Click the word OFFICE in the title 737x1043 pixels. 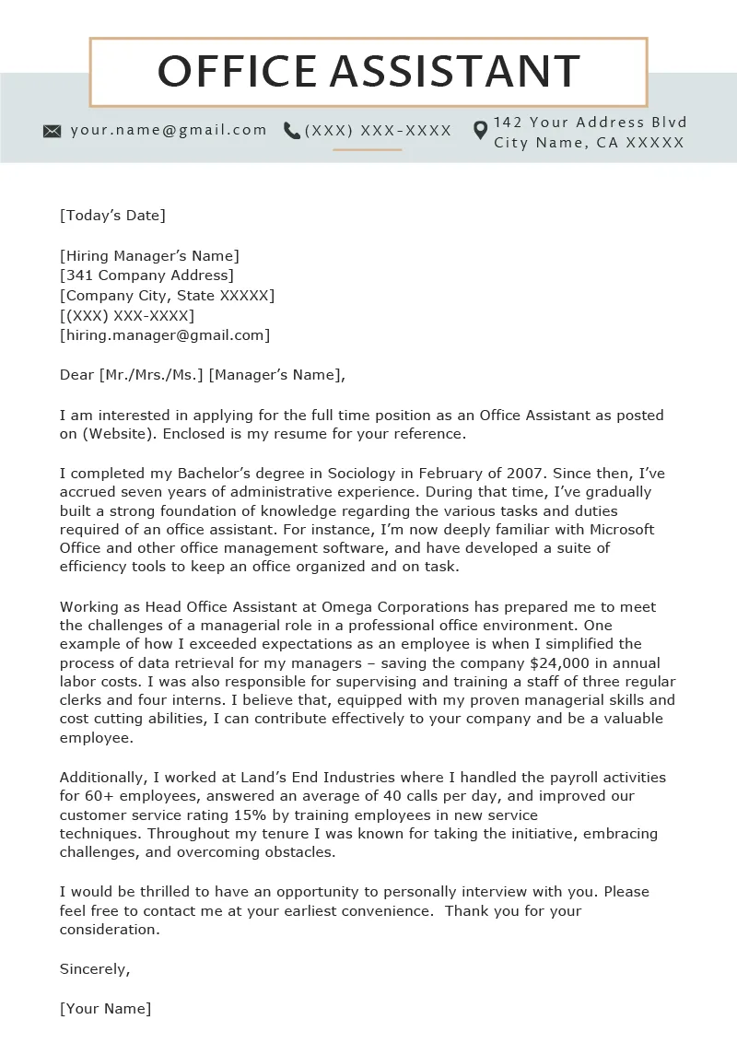(x=238, y=72)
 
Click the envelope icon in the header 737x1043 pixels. (x=53, y=131)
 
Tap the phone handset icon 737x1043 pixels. (x=292, y=131)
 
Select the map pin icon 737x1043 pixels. (x=480, y=131)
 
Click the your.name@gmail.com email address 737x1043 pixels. (x=169, y=130)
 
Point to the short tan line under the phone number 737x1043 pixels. (x=368, y=149)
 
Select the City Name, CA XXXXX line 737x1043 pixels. (x=589, y=143)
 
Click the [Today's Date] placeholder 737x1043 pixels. (x=112, y=216)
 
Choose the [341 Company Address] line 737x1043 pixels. (x=146, y=275)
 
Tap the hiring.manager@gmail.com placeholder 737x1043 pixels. (x=165, y=335)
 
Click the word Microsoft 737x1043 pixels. (x=616, y=530)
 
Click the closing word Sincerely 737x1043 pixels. (x=95, y=969)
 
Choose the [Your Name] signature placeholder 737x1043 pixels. (x=105, y=1009)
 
